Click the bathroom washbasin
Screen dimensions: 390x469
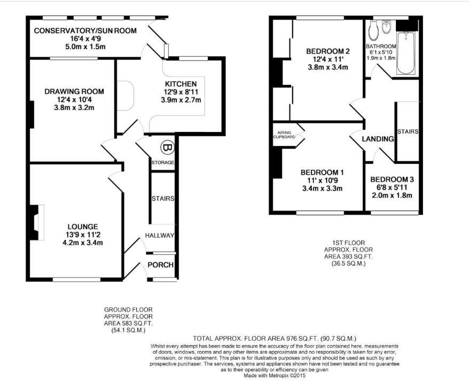coord(387,26)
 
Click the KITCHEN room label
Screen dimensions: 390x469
coord(181,84)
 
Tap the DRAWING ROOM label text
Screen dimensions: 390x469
coord(74,91)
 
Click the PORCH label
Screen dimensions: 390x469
coord(161,266)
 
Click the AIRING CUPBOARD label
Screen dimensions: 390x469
coord(284,134)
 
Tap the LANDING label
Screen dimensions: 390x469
coord(378,139)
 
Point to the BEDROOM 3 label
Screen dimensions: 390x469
coord(392,179)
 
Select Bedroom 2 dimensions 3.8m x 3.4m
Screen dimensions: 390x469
coord(327,67)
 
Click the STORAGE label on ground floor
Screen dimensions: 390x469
coord(163,162)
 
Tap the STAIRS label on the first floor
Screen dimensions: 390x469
coord(407,131)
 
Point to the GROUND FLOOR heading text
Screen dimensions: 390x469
coord(128,309)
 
